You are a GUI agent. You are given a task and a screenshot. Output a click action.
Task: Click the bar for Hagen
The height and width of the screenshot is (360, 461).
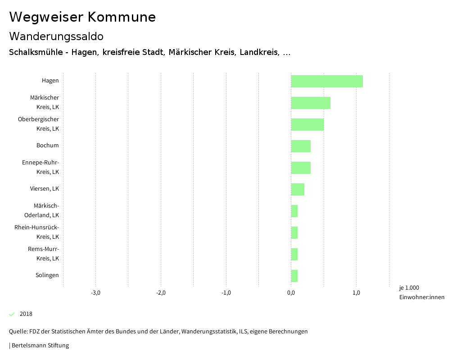pos(327,81)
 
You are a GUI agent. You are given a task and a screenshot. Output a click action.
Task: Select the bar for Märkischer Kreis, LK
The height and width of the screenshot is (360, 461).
pos(311,103)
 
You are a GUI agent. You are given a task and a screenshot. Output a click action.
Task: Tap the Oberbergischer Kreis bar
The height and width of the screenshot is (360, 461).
pos(307,124)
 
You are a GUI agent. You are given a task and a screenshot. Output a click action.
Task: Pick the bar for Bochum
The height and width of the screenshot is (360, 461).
pos(301,146)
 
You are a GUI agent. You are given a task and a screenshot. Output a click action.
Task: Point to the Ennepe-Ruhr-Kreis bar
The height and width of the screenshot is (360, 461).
pos(301,168)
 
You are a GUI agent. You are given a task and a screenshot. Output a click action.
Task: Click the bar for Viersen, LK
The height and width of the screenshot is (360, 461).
pos(298,189)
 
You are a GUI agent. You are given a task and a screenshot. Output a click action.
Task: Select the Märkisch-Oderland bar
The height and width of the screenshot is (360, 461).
pos(294,211)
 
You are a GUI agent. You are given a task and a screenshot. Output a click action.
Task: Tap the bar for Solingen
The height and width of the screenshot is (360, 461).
pos(294,276)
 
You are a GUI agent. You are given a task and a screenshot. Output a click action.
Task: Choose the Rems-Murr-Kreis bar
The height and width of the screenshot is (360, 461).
pos(294,254)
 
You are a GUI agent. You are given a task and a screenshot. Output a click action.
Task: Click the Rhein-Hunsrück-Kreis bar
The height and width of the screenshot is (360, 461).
pos(294,232)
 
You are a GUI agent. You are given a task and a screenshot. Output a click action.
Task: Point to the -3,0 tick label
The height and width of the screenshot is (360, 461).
pos(95,293)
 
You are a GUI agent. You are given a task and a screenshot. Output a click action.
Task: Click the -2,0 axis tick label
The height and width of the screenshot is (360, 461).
pos(161,293)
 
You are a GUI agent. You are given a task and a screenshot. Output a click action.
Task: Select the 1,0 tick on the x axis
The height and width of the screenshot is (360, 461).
pos(356,293)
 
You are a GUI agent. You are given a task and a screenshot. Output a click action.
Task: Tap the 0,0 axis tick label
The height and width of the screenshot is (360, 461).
pos(291,293)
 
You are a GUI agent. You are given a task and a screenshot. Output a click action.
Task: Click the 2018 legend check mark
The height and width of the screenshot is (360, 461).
pos(12,314)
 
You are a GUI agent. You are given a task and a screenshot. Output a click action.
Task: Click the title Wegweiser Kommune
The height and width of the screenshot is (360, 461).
pos(82,17)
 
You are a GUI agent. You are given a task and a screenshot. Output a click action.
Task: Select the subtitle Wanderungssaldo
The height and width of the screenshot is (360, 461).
pos(56,36)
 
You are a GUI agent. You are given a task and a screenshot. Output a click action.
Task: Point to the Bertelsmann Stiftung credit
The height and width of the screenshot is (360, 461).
pos(40,346)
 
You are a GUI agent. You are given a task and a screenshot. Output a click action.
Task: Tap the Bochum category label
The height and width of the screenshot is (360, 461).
pos(47,146)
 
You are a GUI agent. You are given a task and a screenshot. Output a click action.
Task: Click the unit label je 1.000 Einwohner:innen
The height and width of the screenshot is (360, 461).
pos(421,292)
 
